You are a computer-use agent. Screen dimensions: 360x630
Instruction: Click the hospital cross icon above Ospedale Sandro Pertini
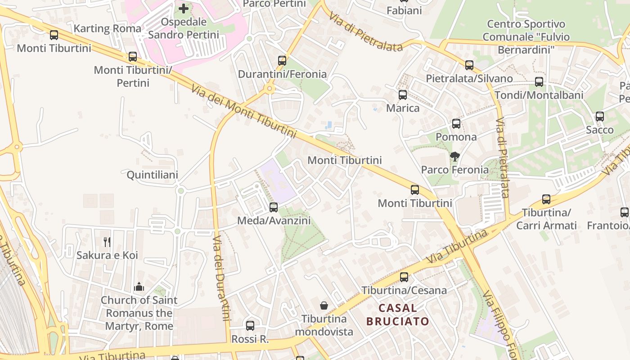[x=184, y=8]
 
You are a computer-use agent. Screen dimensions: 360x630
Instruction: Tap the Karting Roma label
[x=107, y=29]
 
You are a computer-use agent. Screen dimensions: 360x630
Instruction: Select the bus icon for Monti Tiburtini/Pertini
[x=133, y=57]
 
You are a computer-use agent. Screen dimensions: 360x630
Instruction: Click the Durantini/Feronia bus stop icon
[x=282, y=61]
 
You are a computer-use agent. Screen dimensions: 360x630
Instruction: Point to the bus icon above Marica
[x=403, y=95]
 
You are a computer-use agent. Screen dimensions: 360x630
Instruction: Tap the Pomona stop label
[x=456, y=137]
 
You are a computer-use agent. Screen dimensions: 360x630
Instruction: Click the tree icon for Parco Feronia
[x=455, y=157]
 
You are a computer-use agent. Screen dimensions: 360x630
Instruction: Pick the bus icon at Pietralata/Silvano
[x=469, y=65]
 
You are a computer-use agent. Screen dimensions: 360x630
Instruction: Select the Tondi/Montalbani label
[x=539, y=95]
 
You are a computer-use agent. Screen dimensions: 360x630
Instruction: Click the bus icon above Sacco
[x=600, y=117]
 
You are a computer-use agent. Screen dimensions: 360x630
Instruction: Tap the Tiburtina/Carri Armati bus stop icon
[x=546, y=199]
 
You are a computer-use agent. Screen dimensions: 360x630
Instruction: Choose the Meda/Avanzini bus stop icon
[x=274, y=207]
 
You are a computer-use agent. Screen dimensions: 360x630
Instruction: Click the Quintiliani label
[x=152, y=175]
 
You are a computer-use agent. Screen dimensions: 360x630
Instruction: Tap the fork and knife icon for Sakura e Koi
[x=107, y=242]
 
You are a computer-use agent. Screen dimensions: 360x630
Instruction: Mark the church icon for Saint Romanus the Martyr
[x=139, y=287]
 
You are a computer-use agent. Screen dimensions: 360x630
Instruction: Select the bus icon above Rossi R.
[x=250, y=325]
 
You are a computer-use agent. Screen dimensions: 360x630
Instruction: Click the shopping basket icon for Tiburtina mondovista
[x=324, y=306]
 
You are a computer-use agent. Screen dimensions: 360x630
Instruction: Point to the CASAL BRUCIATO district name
[x=397, y=315]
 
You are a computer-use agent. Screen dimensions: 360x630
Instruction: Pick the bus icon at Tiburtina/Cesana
[x=404, y=277]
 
